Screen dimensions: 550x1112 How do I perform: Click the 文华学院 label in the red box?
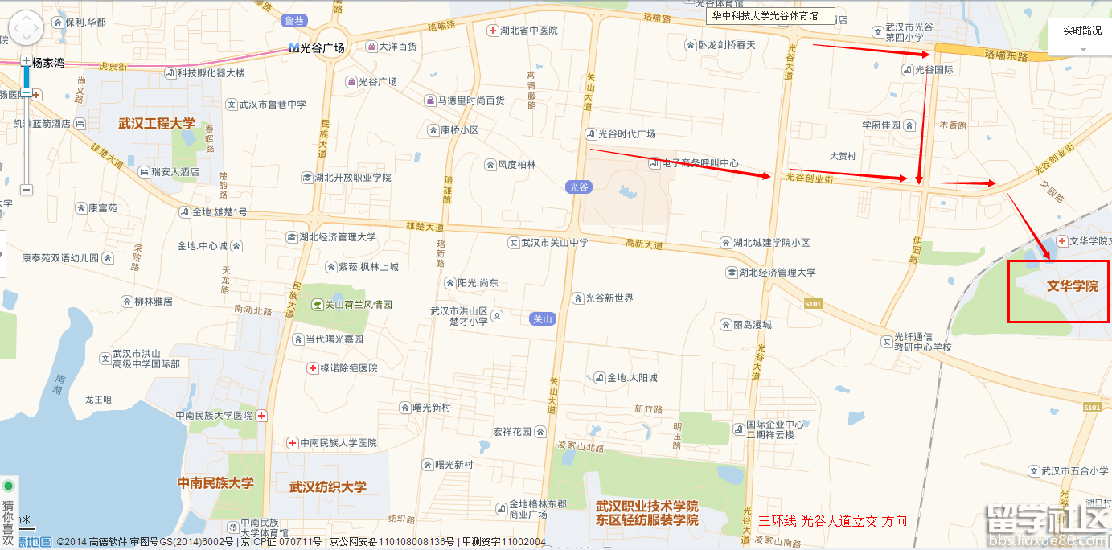click(x=1072, y=287)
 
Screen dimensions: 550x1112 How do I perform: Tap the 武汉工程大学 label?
click(x=157, y=124)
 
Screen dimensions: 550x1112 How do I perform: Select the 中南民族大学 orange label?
click(x=215, y=483)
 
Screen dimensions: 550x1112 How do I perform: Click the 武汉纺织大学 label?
click(x=328, y=486)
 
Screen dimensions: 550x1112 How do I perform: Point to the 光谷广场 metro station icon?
click(x=294, y=48)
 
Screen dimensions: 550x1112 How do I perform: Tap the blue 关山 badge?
click(x=543, y=319)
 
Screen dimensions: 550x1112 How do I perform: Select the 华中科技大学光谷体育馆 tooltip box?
click(x=770, y=16)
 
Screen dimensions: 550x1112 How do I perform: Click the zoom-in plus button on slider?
click(x=27, y=61)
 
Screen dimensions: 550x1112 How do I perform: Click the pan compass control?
click(x=25, y=30)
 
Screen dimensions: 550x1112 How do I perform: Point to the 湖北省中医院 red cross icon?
click(x=492, y=31)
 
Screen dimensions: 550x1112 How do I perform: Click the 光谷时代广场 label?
click(x=626, y=134)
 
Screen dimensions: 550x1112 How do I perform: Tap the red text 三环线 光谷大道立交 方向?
click(x=832, y=521)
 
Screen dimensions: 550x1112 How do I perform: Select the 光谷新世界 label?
click(x=609, y=298)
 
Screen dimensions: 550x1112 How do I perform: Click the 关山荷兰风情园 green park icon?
click(x=318, y=305)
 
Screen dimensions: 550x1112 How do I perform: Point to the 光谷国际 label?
click(x=934, y=70)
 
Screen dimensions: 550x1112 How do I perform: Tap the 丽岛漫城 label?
click(x=752, y=325)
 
